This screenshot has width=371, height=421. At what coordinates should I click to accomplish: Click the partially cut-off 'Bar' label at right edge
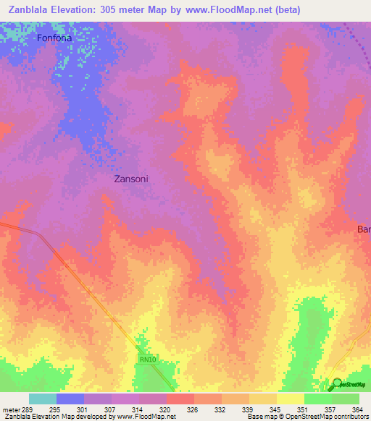point(363,229)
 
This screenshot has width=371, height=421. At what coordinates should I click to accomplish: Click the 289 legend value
point(26,409)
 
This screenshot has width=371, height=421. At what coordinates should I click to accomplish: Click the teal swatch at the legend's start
point(42,399)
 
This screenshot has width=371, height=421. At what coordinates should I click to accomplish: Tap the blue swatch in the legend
point(70,399)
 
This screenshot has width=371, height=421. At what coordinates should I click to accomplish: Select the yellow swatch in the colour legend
point(290,399)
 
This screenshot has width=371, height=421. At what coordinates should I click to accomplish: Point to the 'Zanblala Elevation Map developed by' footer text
point(55,417)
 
